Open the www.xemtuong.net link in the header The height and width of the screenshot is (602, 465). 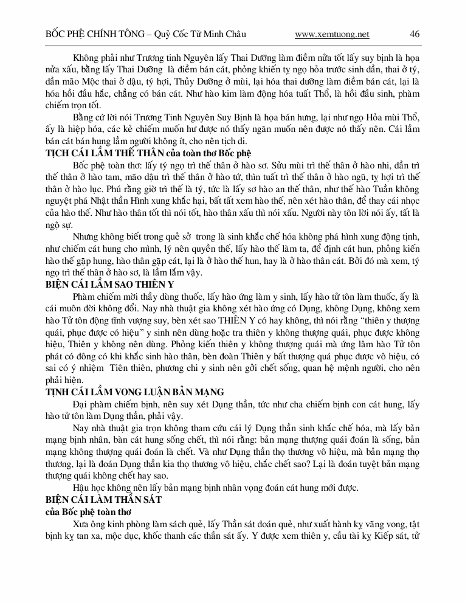(x=331, y=34)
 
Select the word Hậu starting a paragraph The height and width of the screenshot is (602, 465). (x=81, y=487)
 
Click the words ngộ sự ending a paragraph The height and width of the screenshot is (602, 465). (x=58, y=224)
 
